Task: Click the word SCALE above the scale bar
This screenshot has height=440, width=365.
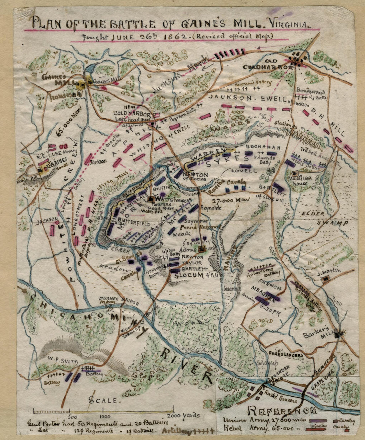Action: (103, 400)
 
